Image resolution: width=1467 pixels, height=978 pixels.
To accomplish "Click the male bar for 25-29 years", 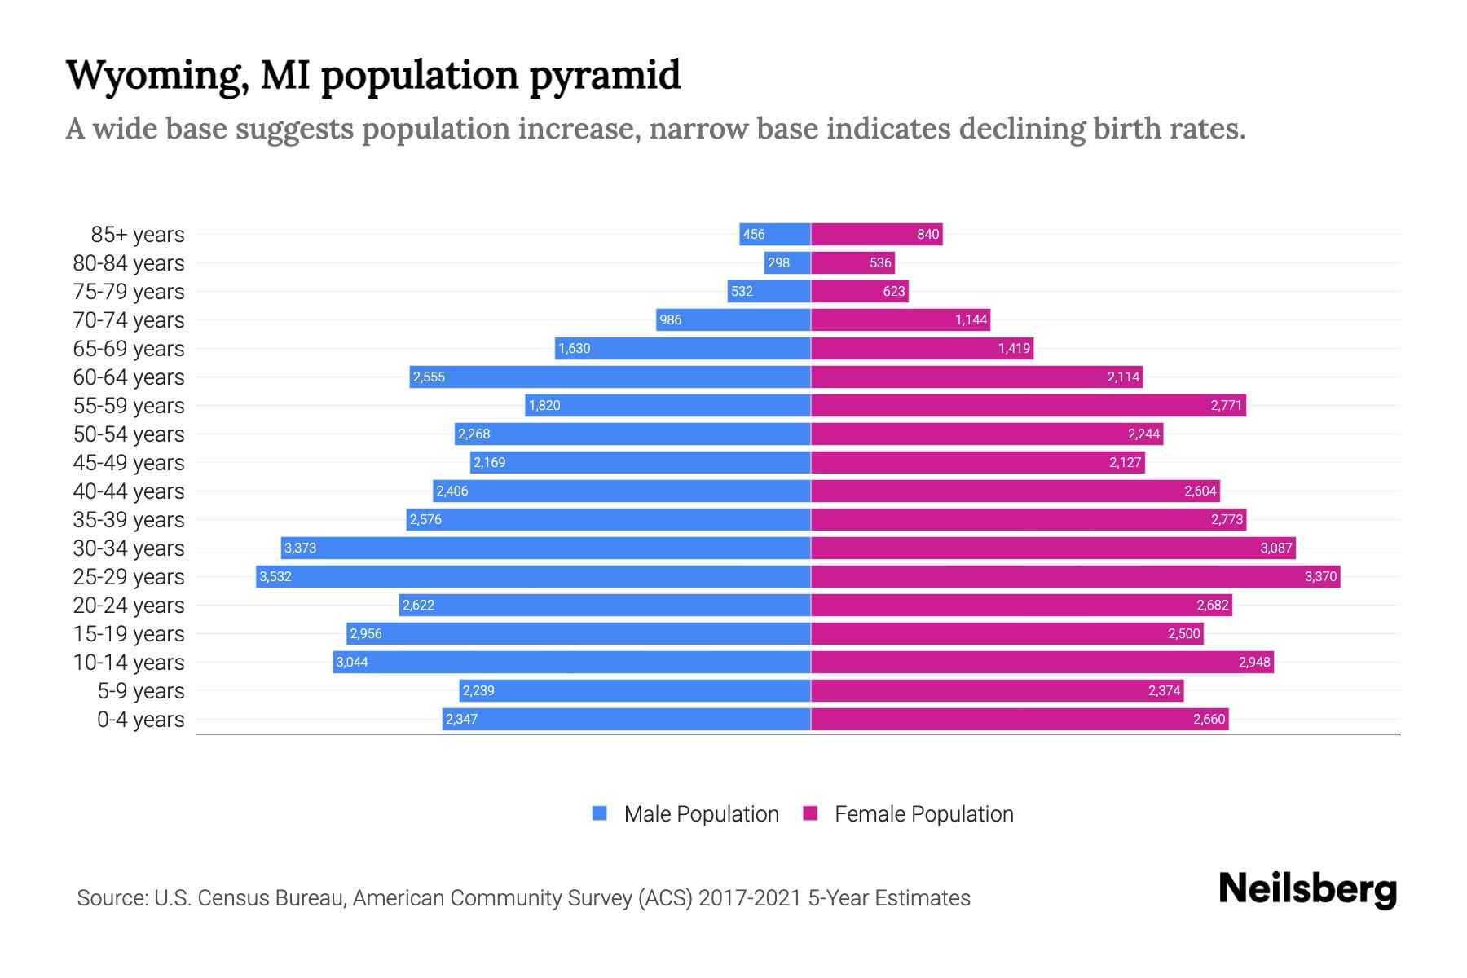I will point(534,577).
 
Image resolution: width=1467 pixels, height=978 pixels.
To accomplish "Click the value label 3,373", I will point(300,548).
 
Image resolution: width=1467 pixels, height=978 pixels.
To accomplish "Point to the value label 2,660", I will point(1209,720).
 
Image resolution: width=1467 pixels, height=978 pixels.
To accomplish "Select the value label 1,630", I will point(574,349).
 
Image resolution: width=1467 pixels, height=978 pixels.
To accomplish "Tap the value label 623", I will point(894,292).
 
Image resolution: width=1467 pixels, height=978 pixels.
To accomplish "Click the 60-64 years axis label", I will point(129,377).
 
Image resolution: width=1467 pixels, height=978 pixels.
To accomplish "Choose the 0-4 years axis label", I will point(140,720).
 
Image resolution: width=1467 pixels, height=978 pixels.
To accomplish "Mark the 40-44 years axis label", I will point(129,491).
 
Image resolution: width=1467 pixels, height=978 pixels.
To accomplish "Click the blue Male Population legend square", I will point(600,813).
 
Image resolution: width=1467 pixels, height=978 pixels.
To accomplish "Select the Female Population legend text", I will point(923,814).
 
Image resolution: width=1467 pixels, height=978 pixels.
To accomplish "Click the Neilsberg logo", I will point(1307,889).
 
